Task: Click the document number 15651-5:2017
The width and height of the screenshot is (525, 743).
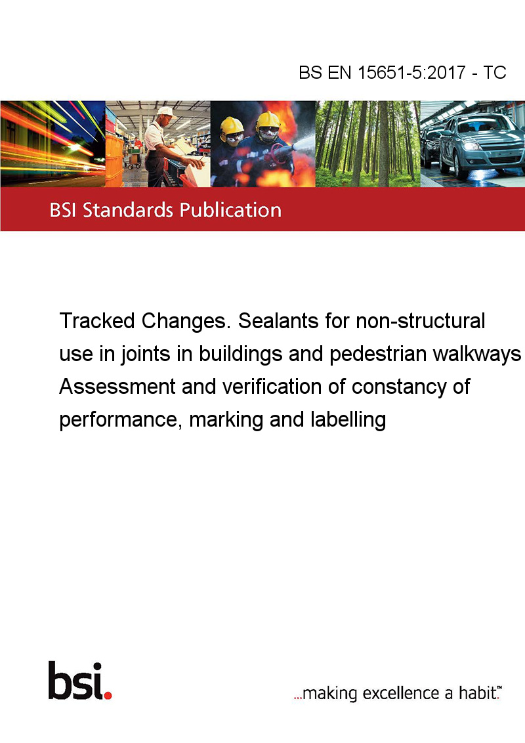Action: click(x=411, y=72)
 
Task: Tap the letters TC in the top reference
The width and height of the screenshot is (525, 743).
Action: click(x=495, y=72)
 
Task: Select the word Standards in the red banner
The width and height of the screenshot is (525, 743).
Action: click(x=128, y=210)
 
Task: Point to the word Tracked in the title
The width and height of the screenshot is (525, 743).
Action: click(x=96, y=321)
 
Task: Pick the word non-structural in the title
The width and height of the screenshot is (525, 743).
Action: click(x=420, y=321)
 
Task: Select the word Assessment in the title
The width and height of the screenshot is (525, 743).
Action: click(x=117, y=387)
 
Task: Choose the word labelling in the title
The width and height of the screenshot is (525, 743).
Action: click(x=348, y=420)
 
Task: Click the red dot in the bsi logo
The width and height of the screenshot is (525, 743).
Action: click(x=108, y=695)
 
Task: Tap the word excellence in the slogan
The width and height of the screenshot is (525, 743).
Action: click(x=401, y=693)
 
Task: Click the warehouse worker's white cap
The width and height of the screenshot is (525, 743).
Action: click(x=166, y=112)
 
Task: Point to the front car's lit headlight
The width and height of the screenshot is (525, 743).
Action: click(x=471, y=145)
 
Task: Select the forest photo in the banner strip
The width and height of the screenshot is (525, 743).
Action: click(x=367, y=144)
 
